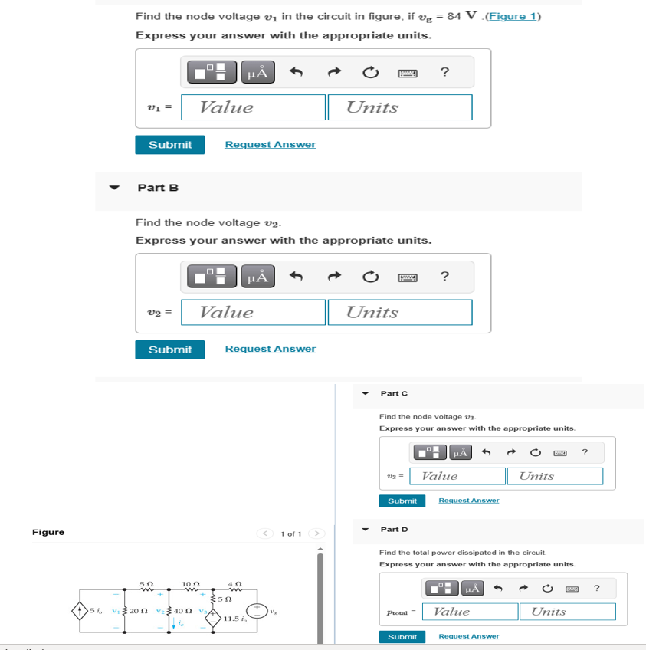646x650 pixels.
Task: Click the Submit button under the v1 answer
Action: (x=169, y=145)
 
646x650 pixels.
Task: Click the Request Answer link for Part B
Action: (x=270, y=349)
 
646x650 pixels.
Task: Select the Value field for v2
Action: (x=254, y=312)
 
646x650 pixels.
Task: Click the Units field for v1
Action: (x=399, y=107)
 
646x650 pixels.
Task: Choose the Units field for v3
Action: (x=554, y=476)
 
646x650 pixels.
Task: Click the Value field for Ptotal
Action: (x=475, y=612)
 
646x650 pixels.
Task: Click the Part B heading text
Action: (x=158, y=188)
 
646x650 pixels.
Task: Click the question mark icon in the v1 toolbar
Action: (x=444, y=73)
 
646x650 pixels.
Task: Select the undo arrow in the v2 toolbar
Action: (x=297, y=277)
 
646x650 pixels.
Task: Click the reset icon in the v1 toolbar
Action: (x=370, y=73)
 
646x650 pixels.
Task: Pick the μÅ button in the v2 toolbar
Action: (x=257, y=277)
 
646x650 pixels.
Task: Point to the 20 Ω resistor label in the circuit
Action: (x=139, y=611)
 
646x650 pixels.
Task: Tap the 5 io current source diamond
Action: (x=79, y=611)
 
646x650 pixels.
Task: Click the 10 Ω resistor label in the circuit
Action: (x=191, y=584)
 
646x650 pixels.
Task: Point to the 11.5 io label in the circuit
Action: (x=234, y=619)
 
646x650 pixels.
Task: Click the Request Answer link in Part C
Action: (x=468, y=501)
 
